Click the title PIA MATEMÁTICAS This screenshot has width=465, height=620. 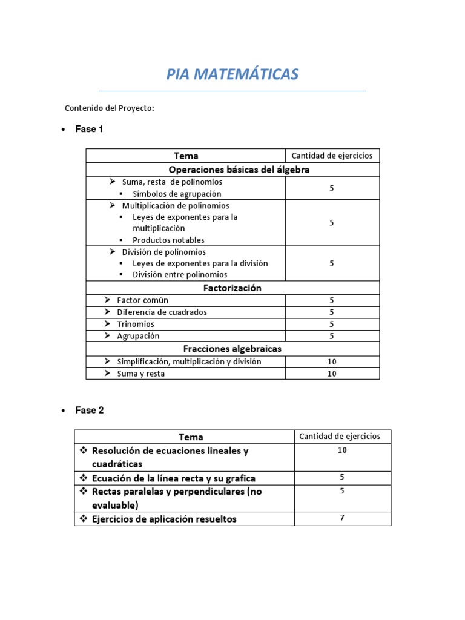tap(232, 74)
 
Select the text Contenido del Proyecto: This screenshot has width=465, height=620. tap(110, 108)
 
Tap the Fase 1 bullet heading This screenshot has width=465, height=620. tap(89, 129)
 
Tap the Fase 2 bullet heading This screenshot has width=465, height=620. tap(89, 410)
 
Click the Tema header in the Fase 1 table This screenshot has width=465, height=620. tap(185, 156)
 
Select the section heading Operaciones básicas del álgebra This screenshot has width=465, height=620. tap(239, 170)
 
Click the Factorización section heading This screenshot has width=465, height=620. tap(232, 288)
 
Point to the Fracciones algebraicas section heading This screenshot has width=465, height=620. tap(232, 349)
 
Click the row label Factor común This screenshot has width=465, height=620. tap(142, 300)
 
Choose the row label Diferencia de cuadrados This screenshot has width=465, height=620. tap(162, 312)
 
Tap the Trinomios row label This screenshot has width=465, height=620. tap(136, 324)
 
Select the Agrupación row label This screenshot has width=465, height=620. tap(138, 336)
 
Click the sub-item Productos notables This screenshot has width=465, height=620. tap(168, 240)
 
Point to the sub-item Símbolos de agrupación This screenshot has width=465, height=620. tap(177, 194)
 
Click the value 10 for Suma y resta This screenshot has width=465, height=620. tap(332, 374)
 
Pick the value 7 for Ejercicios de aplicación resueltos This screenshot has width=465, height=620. tap(342, 518)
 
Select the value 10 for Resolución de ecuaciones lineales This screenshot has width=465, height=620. tap(342, 450)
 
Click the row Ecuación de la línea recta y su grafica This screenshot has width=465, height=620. tap(173, 478)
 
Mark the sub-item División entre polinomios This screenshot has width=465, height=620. tap(180, 275)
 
